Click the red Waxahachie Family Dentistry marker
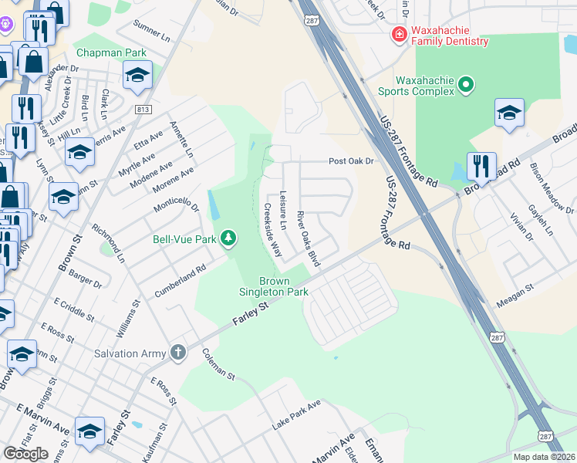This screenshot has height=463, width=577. pyautogui.click(x=399, y=33)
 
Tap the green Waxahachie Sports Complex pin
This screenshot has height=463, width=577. pyautogui.click(x=465, y=85)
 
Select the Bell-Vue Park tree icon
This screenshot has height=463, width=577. pyautogui.click(x=228, y=239)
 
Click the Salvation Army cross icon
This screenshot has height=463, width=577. pyautogui.click(x=178, y=353)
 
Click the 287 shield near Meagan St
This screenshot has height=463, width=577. pyautogui.click(x=498, y=337)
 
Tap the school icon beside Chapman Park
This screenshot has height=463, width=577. pyautogui.click(x=137, y=75)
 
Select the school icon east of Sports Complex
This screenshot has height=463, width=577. pyautogui.click(x=509, y=113)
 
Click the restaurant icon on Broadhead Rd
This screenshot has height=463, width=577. pyautogui.click(x=481, y=165)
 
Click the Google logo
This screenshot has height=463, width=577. pyautogui.click(x=25, y=454)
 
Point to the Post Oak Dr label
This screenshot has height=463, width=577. pyautogui.click(x=351, y=161)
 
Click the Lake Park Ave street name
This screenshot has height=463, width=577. pyautogui.click(x=296, y=415)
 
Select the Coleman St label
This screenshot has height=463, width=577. pyautogui.click(x=218, y=364)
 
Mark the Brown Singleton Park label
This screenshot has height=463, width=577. pyautogui.click(x=283, y=286)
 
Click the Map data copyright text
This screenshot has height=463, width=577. pyautogui.click(x=544, y=457)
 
